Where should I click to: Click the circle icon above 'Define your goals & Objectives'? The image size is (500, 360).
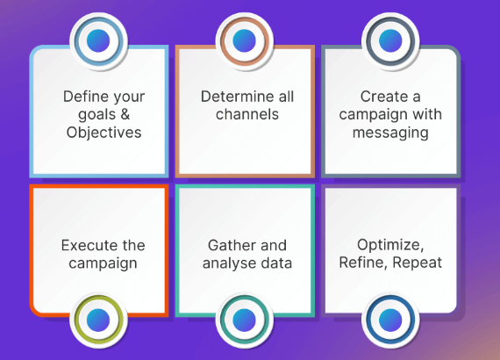click(x=100, y=40)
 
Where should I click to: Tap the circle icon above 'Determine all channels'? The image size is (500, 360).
click(x=245, y=40)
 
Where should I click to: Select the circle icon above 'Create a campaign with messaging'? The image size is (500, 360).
click(x=390, y=40)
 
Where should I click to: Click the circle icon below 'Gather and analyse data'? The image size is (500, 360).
click(x=245, y=318)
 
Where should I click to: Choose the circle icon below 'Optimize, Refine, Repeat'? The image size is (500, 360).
click(x=390, y=318)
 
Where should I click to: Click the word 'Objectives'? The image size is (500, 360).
click(x=104, y=133)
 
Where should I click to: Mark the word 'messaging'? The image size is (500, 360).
click(x=390, y=133)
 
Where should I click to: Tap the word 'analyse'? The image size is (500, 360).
click(x=232, y=263)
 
